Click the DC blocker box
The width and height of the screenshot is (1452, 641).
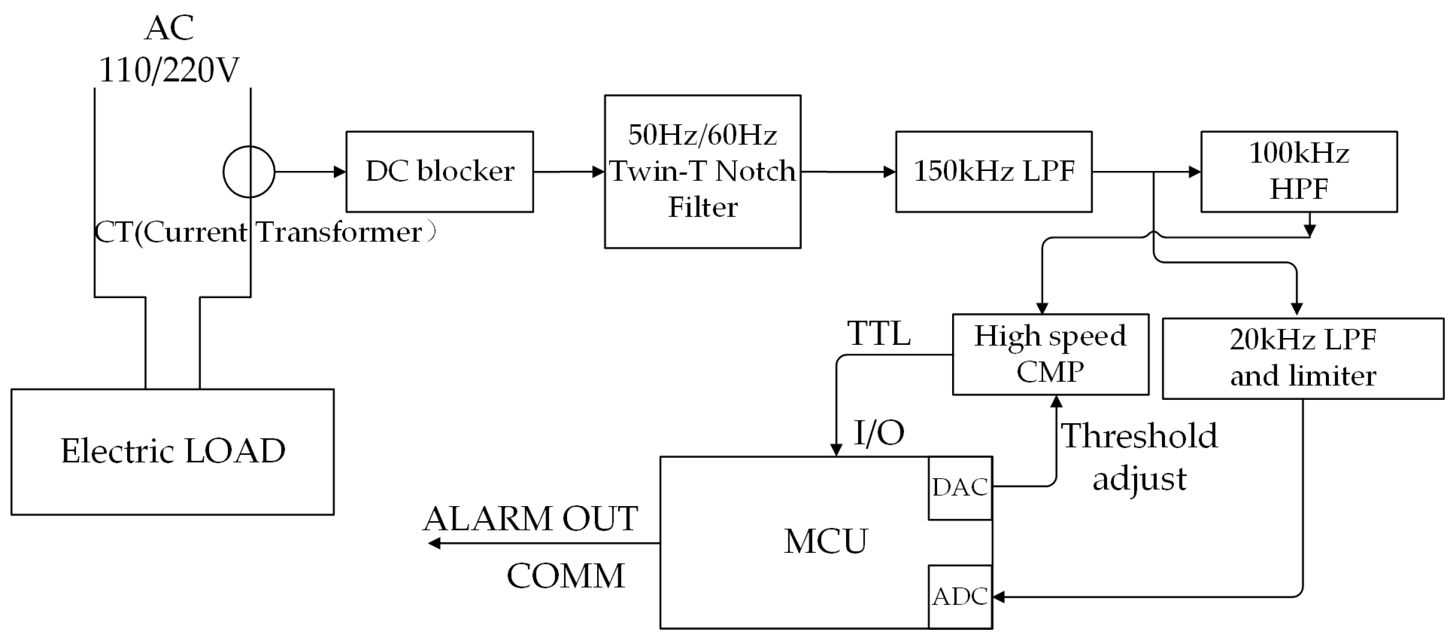(x=439, y=171)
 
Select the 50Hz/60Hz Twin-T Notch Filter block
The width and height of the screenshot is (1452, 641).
(x=702, y=171)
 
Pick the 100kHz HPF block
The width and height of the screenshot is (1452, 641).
(x=1299, y=171)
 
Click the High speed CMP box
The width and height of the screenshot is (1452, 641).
(x=1050, y=354)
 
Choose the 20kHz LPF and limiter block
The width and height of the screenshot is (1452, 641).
(x=1303, y=358)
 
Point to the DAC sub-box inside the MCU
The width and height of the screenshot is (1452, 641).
(x=959, y=488)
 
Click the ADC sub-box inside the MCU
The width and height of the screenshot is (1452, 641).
(x=959, y=596)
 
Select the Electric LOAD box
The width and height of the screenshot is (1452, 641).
(x=172, y=452)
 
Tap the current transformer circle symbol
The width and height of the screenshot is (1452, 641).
(x=249, y=171)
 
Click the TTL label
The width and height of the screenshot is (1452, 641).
(x=879, y=334)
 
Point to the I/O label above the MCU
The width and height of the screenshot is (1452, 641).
(x=879, y=433)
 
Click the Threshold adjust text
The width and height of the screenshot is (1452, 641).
(x=1139, y=457)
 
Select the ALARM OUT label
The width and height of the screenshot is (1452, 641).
(x=530, y=519)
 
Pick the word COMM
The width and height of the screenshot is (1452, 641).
(x=565, y=576)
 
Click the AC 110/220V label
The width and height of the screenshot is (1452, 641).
(x=169, y=50)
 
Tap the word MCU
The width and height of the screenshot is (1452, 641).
(x=825, y=541)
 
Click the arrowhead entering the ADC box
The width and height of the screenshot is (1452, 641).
(x=998, y=596)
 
